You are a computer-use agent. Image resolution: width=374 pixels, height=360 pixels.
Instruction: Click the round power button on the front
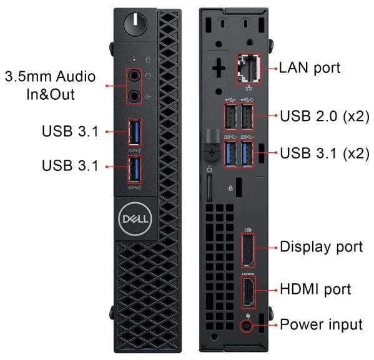tap(133, 23)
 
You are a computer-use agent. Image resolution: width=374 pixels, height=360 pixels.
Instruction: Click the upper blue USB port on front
tap(135, 132)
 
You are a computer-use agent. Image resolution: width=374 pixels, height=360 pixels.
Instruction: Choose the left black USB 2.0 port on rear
tap(232, 115)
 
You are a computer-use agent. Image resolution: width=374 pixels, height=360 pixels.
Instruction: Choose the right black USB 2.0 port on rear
tap(248, 115)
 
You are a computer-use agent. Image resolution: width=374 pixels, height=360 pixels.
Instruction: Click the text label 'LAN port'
tap(313, 67)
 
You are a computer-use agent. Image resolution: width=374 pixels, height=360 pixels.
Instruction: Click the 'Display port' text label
tap(320, 246)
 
